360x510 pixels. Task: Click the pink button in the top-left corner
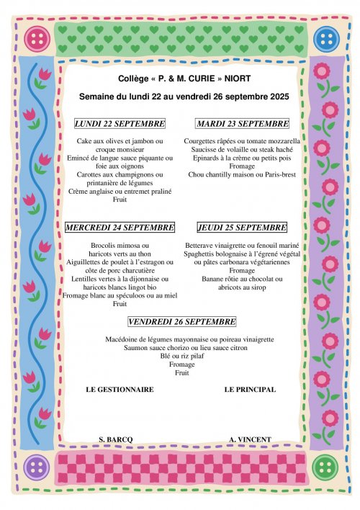[33, 37]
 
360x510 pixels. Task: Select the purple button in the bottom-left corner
[34, 469]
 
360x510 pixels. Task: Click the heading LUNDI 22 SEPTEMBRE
[120, 123]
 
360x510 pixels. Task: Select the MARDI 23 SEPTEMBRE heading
[242, 123]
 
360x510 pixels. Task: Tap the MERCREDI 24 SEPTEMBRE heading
[120, 228]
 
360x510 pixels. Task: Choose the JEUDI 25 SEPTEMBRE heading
[242, 228]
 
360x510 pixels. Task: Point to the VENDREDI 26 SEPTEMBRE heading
[181, 321]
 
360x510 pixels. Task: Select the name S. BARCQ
[116, 439]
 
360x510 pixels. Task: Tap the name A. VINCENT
[249, 439]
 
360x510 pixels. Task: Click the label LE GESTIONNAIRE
[120, 390]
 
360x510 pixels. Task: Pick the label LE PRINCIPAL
[249, 390]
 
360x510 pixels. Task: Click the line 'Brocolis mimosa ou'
[120, 246]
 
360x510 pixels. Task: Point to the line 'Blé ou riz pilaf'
[181, 356]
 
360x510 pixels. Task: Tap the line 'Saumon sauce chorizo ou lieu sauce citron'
[181, 347]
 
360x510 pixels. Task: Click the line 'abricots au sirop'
[242, 287]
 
